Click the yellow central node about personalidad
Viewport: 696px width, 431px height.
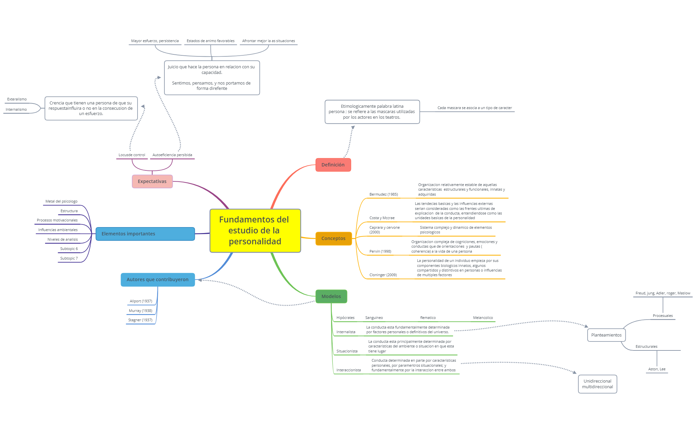[255, 230]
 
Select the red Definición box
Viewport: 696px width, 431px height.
[333, 165]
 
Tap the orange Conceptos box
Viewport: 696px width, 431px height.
[333, 238]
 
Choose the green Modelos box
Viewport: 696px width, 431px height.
[331, 296]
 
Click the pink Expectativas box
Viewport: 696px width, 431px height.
[152, 181]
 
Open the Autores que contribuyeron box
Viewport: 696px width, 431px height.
[157, 279]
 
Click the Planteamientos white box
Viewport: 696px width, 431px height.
[606, 335]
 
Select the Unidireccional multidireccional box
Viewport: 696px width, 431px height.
[597, 384]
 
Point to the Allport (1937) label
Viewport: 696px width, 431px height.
[141, 301]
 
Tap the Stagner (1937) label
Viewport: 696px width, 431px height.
[140, 320]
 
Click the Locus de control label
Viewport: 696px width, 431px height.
[132, 155]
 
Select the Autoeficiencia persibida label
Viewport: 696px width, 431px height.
[172, 155]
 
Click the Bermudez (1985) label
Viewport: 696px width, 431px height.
[383, 194]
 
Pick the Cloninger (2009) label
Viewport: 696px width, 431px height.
[383, 275]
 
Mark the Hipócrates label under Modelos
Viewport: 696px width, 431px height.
[345, 318]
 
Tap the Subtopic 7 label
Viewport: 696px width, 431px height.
[69, 258]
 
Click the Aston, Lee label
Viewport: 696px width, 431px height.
[657, 369]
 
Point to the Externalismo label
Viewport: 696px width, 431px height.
[17, 99]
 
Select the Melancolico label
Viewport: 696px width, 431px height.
[483, 318]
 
